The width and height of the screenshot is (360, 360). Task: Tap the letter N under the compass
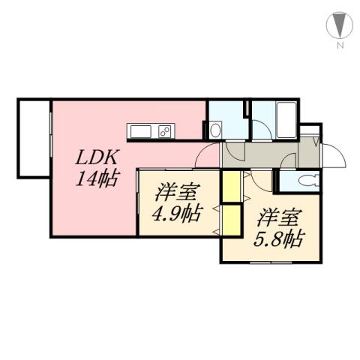pos(340,47)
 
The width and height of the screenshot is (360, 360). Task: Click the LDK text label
pos(94,159)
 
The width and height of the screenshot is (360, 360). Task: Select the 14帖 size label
pos(94,179)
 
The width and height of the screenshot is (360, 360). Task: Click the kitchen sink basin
pos(142,132)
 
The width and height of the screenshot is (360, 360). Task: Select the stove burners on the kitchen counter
pos(165,132)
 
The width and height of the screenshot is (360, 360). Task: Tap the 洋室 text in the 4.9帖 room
pos(176,192)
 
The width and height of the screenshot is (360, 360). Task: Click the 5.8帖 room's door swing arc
pos(263,180)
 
